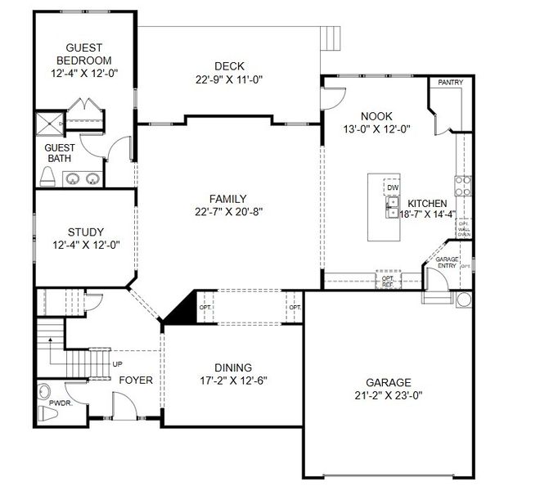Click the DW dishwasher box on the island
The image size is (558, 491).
click(x=393, y=187)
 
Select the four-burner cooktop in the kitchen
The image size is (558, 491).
click(x=462, y=185)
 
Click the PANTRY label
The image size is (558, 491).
click(x=450, y=83)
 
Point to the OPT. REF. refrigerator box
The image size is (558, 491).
click(x=388, y=280)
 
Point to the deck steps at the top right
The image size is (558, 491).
click(x=330, y=38)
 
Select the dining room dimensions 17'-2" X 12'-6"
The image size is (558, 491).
click(x=223, y=381)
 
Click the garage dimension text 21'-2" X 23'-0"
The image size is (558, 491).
click(x=389, y=396)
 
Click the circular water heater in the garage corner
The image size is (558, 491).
click(x=464, y=300)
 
